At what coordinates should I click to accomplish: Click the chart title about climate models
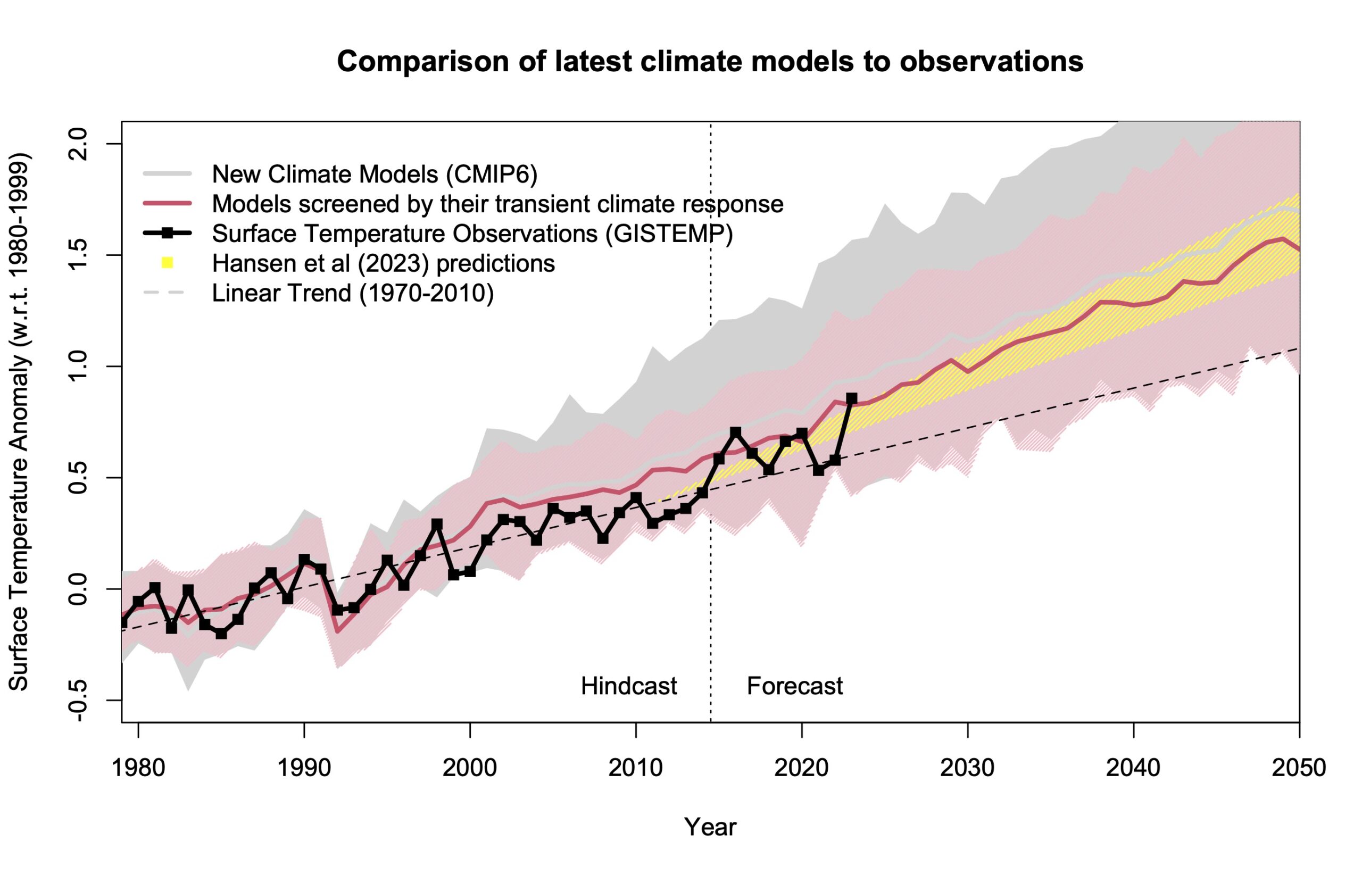[710, 61]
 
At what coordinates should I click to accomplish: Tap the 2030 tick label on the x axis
[967, 768]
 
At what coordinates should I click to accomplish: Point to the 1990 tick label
[304, 768]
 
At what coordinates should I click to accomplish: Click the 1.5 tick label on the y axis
[78, 255]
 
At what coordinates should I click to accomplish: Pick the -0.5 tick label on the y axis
[78, 701]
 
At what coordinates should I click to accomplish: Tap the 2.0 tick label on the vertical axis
[78, 144]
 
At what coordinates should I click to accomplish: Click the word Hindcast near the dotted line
[629, 686]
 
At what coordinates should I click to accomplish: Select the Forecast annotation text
[794, 686]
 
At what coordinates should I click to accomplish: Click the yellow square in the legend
[167, 263]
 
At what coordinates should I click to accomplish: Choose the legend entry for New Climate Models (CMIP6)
[375, 174]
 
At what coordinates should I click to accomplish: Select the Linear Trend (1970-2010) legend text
[352, 294]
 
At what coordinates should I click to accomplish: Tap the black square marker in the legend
[167, 233]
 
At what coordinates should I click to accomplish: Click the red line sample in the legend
[167, 203]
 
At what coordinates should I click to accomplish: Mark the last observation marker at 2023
[851, 399]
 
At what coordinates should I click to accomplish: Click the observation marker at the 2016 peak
[735, 432]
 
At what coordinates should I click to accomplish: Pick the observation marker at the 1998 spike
[437, 524]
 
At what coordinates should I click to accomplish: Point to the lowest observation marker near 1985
[221, 634]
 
